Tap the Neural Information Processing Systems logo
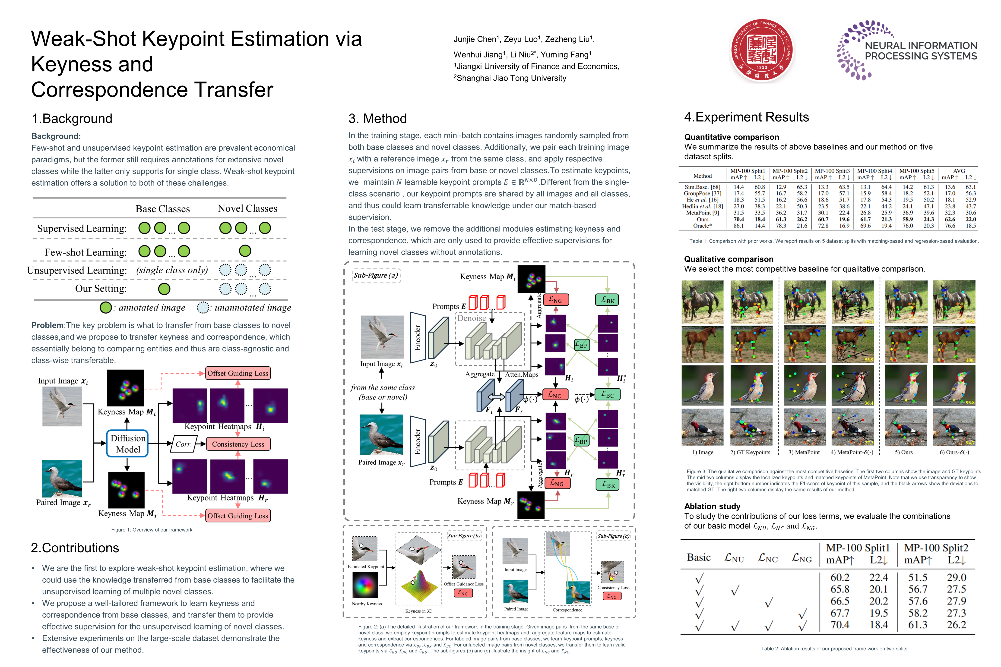click(x=906, y=50)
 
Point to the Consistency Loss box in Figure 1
click(x=238, y=444)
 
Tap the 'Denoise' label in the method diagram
click(x=472, y=318)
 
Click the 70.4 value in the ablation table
click(x=840, y=625)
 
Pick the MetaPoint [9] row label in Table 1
click(x=702, y=213)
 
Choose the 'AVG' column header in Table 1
click(x=959, y=171)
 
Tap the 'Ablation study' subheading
click(x=712, y=506)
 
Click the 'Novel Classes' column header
click(x=247, y=208)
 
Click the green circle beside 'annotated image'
click(x=106, y=308)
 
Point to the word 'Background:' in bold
click(x=56, y=136)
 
